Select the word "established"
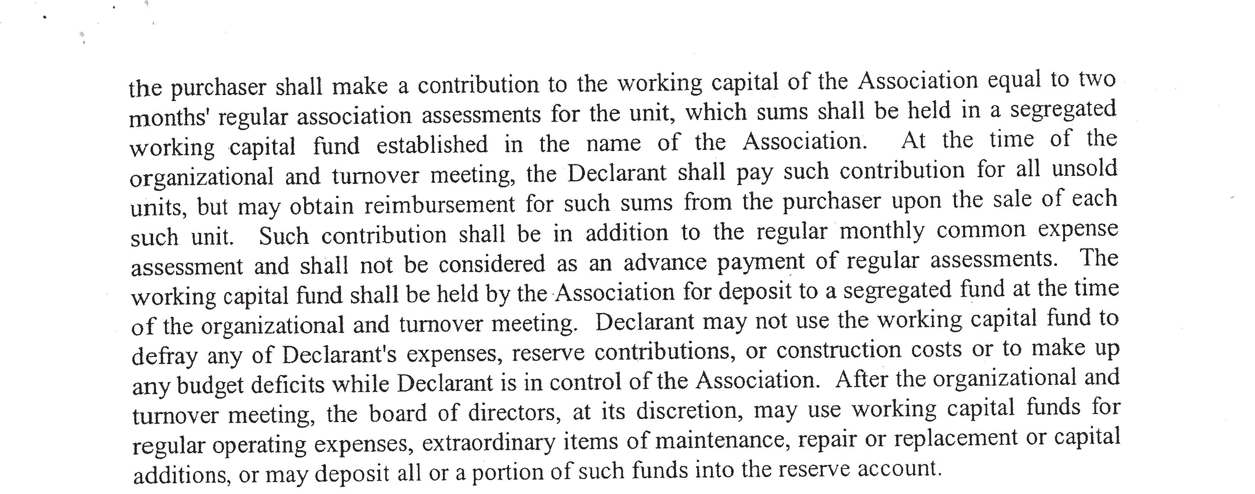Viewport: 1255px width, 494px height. point(432,144)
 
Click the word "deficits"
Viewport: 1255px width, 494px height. point(288,385)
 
